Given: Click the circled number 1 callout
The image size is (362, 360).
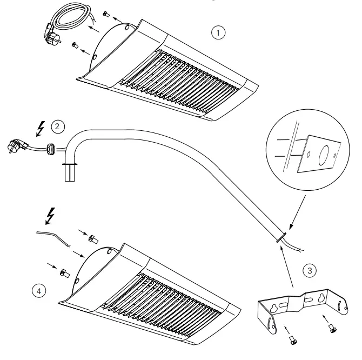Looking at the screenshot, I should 218,33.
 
